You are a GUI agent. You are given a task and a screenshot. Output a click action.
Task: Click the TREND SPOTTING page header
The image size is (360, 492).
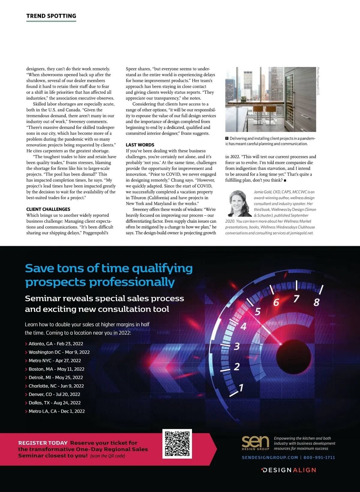pos(51,16)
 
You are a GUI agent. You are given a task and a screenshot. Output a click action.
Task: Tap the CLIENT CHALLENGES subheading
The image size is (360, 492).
pos(48,209)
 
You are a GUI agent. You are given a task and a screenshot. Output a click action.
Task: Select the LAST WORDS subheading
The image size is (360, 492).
pos(140,145)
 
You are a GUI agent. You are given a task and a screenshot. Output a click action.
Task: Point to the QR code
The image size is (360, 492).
pos(177,444)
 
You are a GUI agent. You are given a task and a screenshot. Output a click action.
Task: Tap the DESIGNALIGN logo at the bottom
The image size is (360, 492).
pos(289,470)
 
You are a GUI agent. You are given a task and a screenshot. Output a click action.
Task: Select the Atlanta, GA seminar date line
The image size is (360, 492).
pos(56,344)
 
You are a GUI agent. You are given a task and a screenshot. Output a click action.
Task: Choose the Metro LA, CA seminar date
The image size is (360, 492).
pos(57,411)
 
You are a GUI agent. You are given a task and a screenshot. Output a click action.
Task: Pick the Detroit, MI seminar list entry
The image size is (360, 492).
pos(56,377)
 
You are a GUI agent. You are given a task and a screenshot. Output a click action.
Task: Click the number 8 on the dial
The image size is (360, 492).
pos(316,302)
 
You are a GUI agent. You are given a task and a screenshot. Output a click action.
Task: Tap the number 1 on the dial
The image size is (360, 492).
pos(241,388)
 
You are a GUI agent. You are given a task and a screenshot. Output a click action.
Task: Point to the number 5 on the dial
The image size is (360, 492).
pos(258,312)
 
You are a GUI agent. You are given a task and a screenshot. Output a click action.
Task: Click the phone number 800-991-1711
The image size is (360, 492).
pos(319,457)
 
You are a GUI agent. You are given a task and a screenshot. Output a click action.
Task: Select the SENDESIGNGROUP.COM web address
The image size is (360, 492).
pos(270,457)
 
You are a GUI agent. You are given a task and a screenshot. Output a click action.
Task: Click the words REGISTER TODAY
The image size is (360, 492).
pos(43,443)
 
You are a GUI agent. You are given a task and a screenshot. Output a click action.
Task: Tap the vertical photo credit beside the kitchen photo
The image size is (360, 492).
pos(318,81)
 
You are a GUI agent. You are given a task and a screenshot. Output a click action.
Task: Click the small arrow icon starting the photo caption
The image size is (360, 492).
pos(227,138)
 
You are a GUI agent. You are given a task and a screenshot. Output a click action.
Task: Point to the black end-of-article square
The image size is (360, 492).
pos(285,180)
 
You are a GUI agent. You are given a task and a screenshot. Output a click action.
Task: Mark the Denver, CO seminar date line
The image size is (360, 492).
pos(54,394)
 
